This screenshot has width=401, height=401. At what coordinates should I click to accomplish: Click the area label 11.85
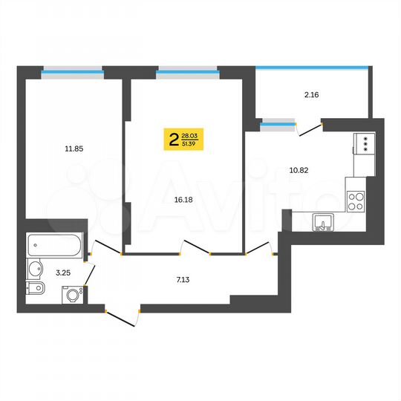[x=73, y=149]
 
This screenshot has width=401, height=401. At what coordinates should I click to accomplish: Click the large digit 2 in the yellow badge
[x=174, y=139]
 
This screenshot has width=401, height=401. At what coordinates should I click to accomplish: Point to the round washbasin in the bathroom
[x=35, y=269]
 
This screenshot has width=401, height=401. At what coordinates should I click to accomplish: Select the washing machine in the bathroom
[x=72, y=295]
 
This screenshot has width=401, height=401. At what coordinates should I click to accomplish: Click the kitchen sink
[x=323, y=221]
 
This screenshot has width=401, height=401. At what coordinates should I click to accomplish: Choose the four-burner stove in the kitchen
[x=356, y=200]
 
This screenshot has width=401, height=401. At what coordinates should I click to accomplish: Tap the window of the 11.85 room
[x=72, y=72]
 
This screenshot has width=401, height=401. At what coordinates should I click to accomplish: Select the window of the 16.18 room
[x=186, y=72]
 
